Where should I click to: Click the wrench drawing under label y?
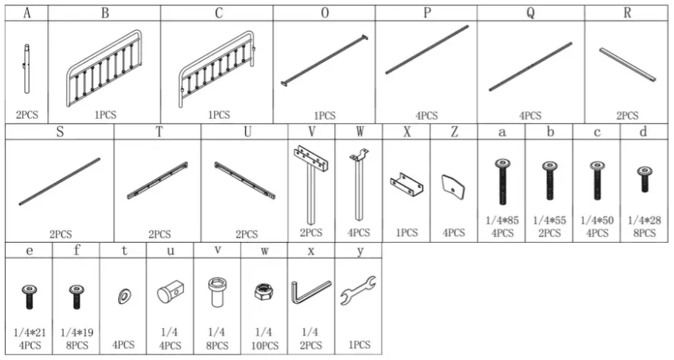358,291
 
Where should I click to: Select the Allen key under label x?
312,292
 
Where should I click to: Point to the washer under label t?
124,297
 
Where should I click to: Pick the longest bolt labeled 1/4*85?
502,181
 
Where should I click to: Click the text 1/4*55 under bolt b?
550,221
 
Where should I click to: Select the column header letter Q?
531,13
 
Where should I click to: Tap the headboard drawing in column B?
104,68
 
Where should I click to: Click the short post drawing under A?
27,69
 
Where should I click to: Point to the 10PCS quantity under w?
264,345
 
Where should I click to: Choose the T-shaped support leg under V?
311,184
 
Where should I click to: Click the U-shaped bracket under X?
407,184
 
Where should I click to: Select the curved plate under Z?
453,187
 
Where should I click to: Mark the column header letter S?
60,131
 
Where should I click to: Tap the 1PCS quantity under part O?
325,116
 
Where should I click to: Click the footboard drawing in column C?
218,69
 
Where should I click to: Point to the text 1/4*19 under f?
77,333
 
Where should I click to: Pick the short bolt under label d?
644,179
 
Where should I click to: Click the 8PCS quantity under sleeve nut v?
217,345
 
